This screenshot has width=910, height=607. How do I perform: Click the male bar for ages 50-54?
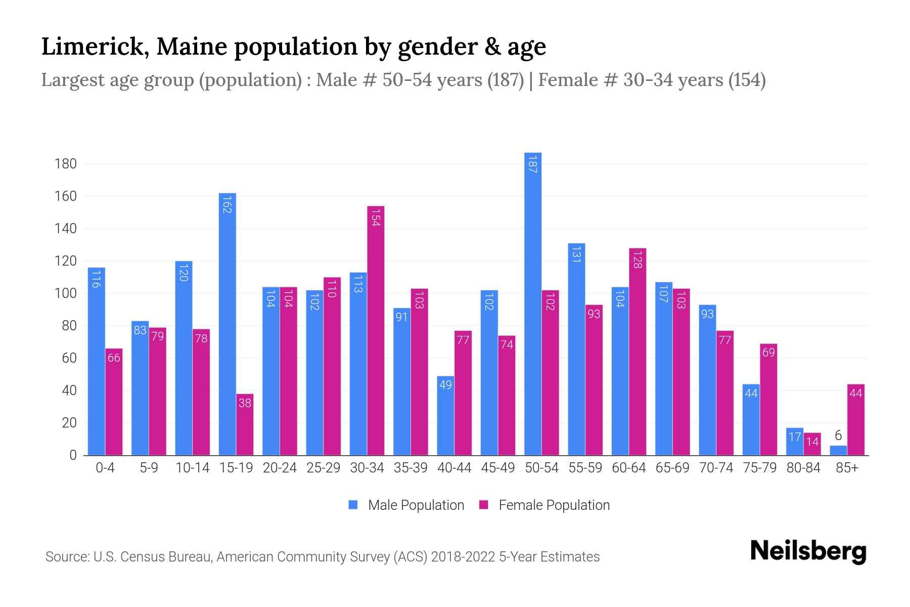[x=532, y=303]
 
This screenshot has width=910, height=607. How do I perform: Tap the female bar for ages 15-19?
[x=245, y=424]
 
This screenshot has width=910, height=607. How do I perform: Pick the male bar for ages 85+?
[x=838, y=450]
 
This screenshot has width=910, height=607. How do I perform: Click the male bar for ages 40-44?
[x=445, y=415]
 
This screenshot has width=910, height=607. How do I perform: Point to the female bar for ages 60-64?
[x=638, y=352]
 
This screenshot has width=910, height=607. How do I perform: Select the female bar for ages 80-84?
[x=812, y=444]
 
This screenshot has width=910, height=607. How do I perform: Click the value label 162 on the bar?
[x=227, y=204]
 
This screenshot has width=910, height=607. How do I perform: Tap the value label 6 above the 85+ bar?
[x=838, y=436]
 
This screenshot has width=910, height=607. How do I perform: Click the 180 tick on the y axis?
[x=66, y=164]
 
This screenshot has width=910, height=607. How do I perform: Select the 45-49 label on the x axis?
[x=497, y=468]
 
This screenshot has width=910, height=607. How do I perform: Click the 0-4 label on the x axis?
[x=105, y=468]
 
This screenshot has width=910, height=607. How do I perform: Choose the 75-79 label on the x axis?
[x=759, y=468]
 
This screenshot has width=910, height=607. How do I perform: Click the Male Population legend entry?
[x=406, y=505]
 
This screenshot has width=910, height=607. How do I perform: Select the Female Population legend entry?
[x=544, y=505]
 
